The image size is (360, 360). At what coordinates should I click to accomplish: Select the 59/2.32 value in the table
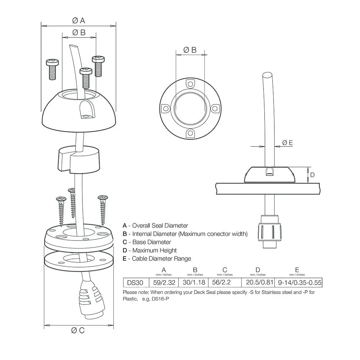[164, 283]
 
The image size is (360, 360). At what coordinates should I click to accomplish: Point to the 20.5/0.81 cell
[258, 283]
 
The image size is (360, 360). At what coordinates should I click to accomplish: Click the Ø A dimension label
[78, 21]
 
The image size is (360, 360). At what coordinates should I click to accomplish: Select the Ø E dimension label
[287, 143]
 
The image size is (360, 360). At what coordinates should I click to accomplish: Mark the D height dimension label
[312, 175]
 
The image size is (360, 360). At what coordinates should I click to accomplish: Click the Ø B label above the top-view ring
[190, 50]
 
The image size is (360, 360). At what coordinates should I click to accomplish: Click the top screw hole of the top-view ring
[190, 84]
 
